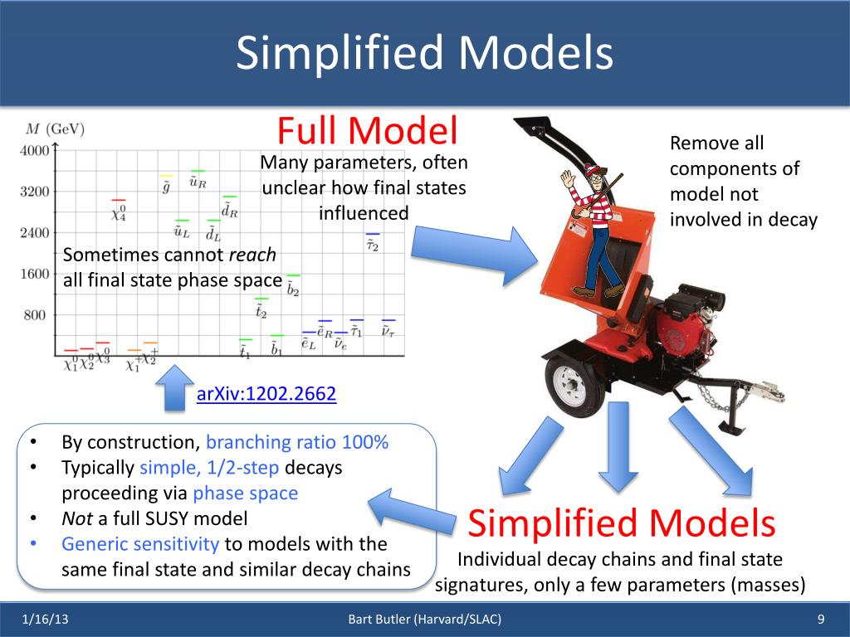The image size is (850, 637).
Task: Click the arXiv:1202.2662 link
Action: pyautogui.click(x=266, y=394)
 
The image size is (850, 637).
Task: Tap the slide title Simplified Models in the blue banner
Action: pyautogui.click(x=424, y=54)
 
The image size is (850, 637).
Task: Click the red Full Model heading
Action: pyautogui.click(x=367, y=131)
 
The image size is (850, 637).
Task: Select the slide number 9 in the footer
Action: pyautogui.click(x=820, y=620)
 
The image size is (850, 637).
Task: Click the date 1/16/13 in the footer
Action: pyautogui.click(x=46, y=620)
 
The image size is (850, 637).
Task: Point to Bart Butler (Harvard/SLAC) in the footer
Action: pyautogui.click(x=424, y=620)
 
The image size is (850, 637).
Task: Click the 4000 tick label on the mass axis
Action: pyautogui.click(x=34, y=151)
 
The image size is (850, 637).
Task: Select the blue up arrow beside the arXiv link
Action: pyautogui.click(x=173, y=387)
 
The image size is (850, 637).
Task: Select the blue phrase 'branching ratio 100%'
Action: pyautogui.click(x=297, y=442)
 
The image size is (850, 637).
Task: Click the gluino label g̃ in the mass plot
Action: pyautogui.click(x=166, y=187)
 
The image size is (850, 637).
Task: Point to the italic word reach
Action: pyautogui.click(x=252, y=255)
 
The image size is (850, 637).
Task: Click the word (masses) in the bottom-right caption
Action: pyautogui.click(x=768, y=585)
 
